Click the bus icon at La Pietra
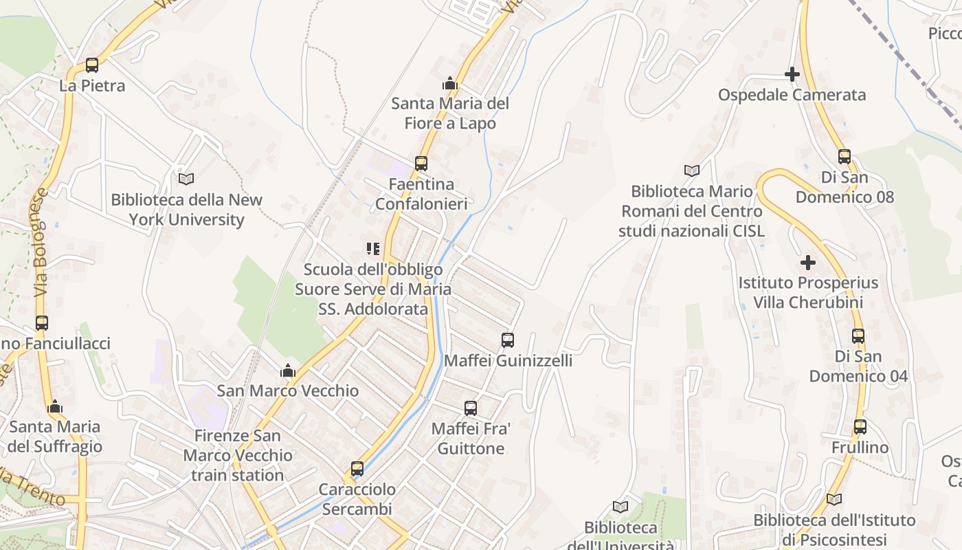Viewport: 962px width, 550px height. pos(91,65)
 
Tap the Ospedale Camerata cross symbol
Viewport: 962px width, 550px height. pos(792,74)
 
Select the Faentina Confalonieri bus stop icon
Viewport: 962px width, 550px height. pos(421,164)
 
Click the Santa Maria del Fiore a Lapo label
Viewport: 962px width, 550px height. pos(450,113)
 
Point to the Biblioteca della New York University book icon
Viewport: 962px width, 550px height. pos(186,179)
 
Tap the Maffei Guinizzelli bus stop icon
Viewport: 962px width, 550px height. pos(508,340)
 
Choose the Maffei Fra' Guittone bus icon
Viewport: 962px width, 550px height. pos(471,408)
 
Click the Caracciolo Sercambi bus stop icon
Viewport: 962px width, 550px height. pos(357,469)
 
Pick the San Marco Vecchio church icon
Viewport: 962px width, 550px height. pos(288,371)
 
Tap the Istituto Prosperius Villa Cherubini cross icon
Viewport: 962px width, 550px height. pos(808,262)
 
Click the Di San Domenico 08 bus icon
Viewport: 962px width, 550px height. pos(844,157)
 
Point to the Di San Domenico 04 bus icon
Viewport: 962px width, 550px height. pos(858,336)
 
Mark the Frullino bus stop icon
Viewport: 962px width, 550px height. pos(860,427)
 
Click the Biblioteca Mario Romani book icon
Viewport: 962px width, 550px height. pos(692,170)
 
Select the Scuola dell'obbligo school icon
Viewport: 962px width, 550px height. pos(373,248)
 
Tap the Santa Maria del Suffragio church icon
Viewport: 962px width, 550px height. pos(55,406)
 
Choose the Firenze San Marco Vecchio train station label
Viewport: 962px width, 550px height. pos(237,455)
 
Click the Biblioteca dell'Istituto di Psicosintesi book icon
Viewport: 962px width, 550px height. pos(834,500)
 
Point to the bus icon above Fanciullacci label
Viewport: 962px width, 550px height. pos(42,323)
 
